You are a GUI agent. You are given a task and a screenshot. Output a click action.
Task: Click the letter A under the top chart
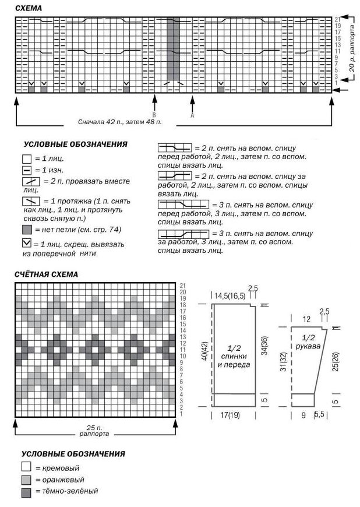click(192, 115)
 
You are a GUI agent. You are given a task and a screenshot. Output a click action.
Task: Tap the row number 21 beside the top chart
click(337, 20)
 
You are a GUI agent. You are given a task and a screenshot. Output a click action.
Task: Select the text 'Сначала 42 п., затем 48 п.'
click(119, 122)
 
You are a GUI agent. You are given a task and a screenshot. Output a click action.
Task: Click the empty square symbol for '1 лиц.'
click(26, 158)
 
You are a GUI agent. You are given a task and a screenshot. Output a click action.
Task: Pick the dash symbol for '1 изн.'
click(26, 170)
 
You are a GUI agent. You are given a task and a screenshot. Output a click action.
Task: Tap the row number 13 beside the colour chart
click(182, 337)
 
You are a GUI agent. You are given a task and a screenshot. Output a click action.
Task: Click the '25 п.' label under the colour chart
click(96, 428)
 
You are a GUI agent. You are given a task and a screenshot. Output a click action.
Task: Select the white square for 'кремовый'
click(26, 467)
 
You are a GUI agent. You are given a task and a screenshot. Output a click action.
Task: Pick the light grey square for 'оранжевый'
click(26, 480)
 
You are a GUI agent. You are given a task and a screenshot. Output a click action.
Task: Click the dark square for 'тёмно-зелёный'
click(26, 492)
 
